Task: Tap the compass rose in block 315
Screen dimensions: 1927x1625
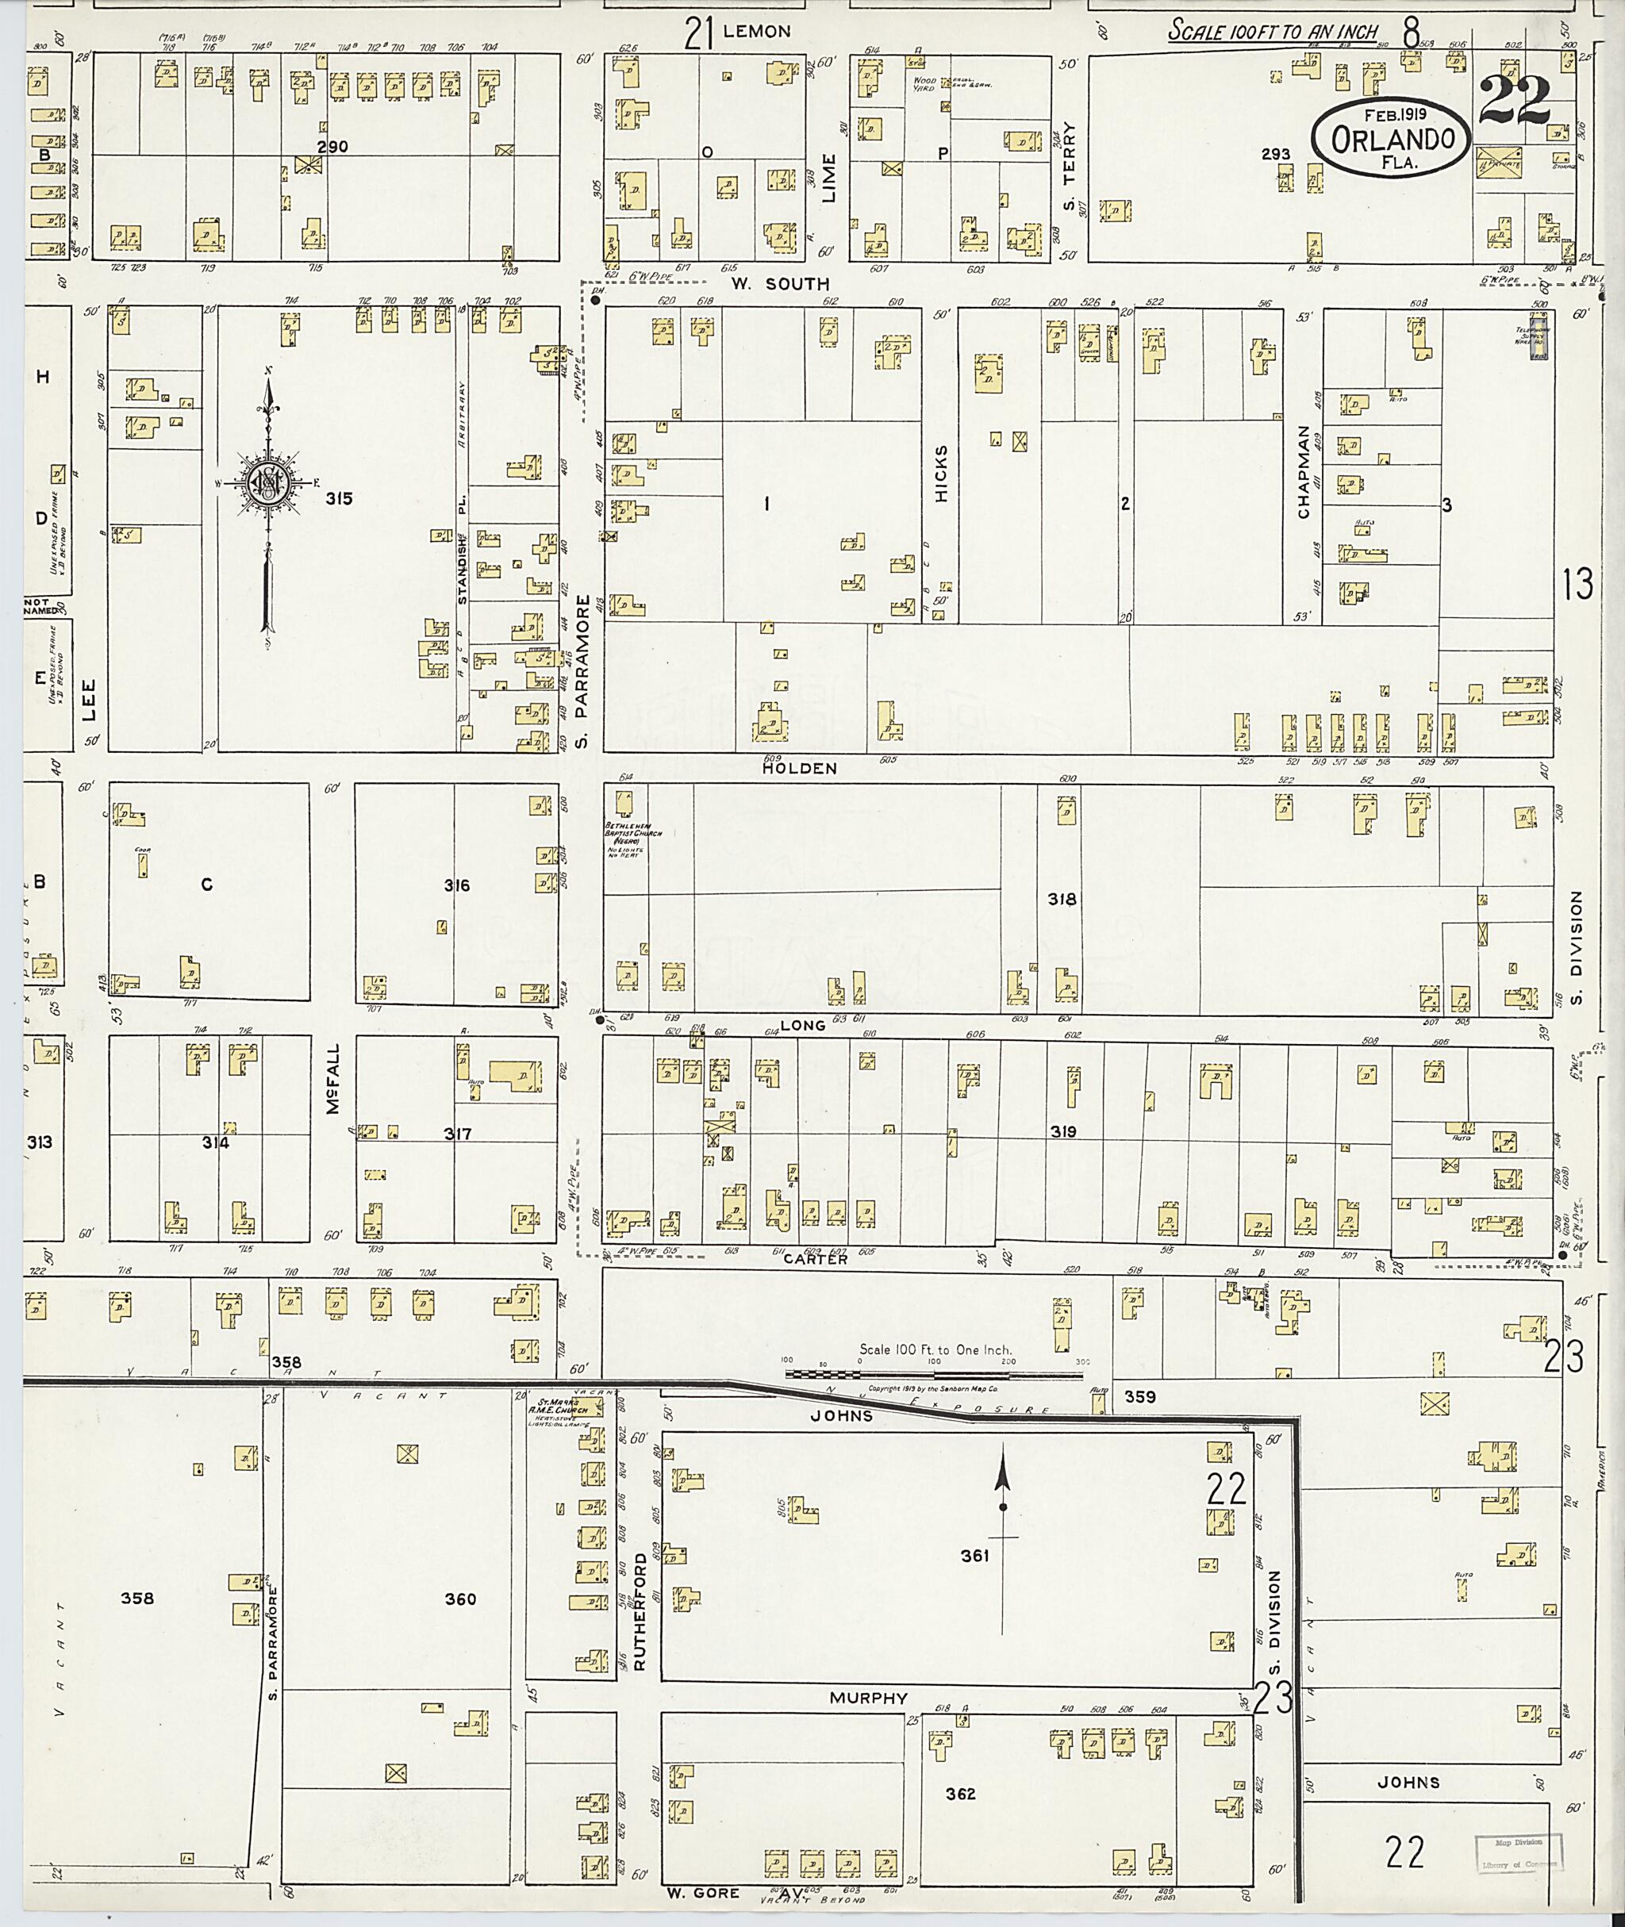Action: click(x=267, y=482)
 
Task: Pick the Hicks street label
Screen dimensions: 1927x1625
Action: click(x=940, y=474)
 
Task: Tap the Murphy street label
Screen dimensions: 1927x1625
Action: click(x=868, y=1698)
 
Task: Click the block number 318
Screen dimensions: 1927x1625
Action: click(x=1061, y=899)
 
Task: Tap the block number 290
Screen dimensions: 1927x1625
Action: click(x=332, y=147)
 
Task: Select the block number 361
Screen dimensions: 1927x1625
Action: click(x=974, y=1556)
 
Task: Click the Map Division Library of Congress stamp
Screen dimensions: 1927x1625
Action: click(x=1518, y=1854)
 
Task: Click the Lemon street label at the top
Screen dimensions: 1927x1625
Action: click(x=756, y=31)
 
